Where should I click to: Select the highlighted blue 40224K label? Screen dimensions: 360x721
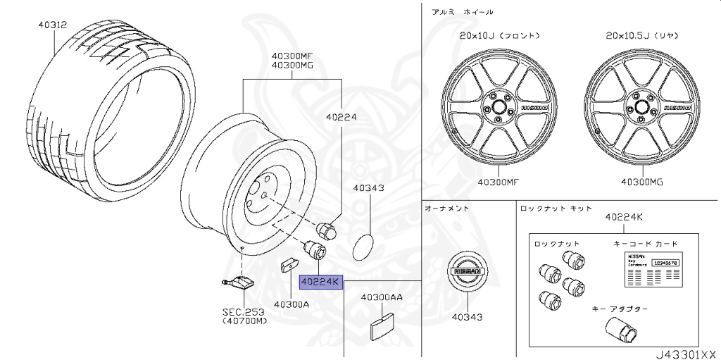coord(320,282)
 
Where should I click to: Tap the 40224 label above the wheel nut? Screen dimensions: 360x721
coord(342,118)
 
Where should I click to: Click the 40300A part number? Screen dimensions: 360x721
coord(291,304)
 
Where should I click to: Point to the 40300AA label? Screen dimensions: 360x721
coord(382,297)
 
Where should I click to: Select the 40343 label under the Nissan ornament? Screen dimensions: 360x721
coord(467,317)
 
